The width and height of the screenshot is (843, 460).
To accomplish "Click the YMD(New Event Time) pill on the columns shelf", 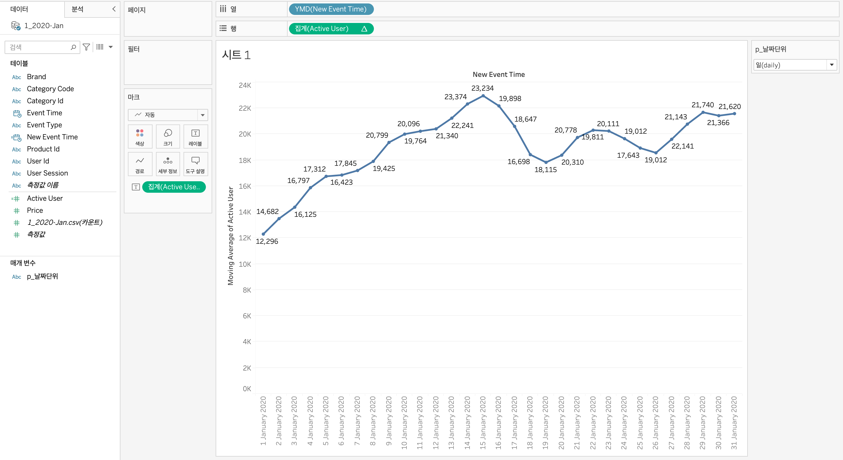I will click(x=330, y=9).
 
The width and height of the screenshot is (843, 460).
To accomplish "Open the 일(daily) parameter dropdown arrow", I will click(x=831, y=65).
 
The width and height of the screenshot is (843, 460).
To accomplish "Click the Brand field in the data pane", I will click(x=36, y=77).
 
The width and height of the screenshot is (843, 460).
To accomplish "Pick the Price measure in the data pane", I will click(x=35, y=210).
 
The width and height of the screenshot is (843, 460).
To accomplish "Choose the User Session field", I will click(x=47, y=173).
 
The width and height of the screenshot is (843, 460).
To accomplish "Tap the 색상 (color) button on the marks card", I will click(x=140, y=137).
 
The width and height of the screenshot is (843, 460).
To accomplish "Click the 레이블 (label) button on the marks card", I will click(x=195, y=137).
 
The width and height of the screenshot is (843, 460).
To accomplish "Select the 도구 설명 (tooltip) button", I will click(x=195, y=164).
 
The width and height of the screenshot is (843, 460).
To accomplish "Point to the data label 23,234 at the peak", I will click(x=482, y=88).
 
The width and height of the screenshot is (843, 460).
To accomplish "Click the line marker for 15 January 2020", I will click(x=483, y=96).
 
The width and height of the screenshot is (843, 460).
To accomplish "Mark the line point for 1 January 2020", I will click(x=264, y=234).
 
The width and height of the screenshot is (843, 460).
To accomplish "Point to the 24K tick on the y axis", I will click(x=245, y=85).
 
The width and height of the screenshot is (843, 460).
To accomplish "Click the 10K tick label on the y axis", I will click(x=245, y=264).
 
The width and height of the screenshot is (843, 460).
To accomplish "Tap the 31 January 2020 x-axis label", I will click(x=734, y=422).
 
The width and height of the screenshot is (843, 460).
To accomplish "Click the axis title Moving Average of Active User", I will click(x=231, y=236).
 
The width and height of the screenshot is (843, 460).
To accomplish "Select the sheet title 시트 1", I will click(x=236, y=55).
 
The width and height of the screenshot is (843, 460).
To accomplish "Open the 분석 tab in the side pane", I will click(x=77, y=9).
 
